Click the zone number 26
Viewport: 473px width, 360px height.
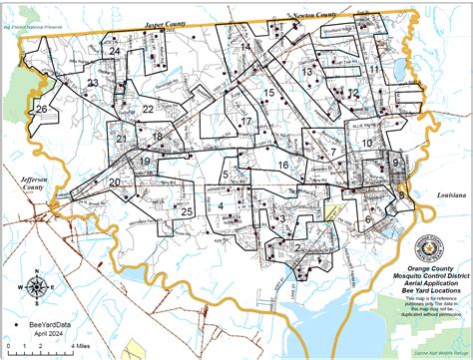pos(41,108)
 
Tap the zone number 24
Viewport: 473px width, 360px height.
pos(115,50)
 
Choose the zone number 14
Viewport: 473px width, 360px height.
pos(244,46)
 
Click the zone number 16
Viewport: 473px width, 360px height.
pos(283,165)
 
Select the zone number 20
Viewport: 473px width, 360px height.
pos(115,181)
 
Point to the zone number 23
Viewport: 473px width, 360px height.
pos(92,83)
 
